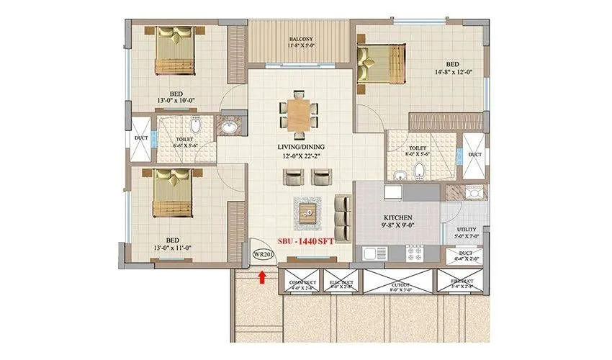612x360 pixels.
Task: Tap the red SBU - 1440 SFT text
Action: [300, 241]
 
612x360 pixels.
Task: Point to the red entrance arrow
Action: [263, 274]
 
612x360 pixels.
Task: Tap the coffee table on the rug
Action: [308, 212]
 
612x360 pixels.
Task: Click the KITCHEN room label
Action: [397, 217]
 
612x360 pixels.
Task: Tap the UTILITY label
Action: [466, 230]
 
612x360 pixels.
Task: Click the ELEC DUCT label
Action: [338, 282]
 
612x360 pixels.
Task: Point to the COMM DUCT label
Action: [299, 282]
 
